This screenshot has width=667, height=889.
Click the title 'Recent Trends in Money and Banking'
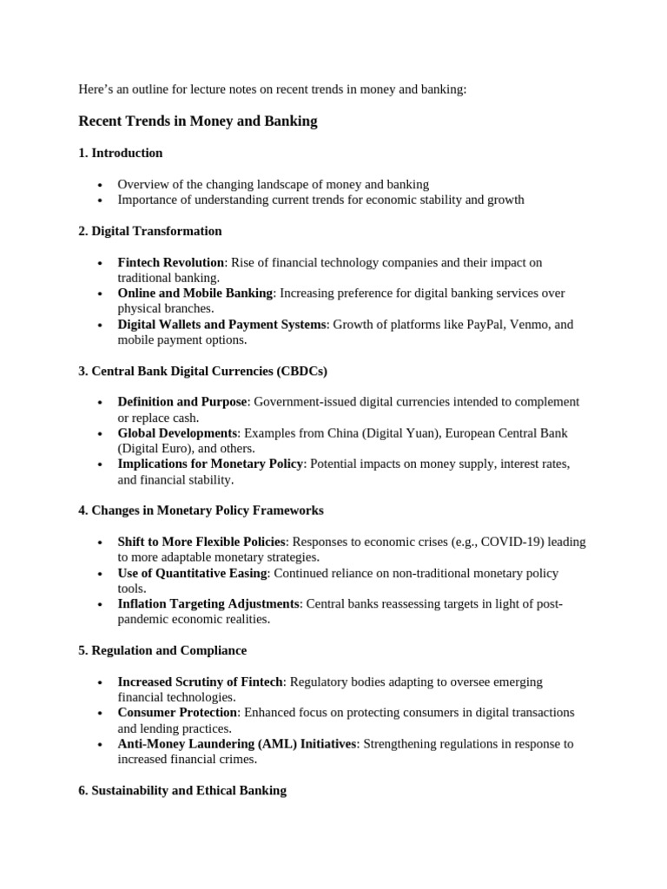pos(198,122)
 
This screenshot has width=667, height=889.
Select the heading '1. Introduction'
pos(121,153)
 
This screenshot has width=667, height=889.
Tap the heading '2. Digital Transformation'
pos(150,231)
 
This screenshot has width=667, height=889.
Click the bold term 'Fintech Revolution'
pos(171,262)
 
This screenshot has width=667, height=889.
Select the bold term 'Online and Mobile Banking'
pos(195,293)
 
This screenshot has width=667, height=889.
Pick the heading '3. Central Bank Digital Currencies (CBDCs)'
pos(202,371)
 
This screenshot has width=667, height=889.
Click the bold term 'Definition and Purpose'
pos(182,402)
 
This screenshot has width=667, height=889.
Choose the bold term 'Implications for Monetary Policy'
pos(210,464)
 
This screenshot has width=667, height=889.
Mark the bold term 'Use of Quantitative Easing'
pos(193,573)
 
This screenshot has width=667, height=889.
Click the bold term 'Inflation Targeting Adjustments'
pos(208,603)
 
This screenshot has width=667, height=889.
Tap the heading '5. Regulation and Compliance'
pos(162,650)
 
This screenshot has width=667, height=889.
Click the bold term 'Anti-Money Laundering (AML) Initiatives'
pos(237,744)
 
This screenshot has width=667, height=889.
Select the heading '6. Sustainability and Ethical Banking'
pos(182,791)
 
